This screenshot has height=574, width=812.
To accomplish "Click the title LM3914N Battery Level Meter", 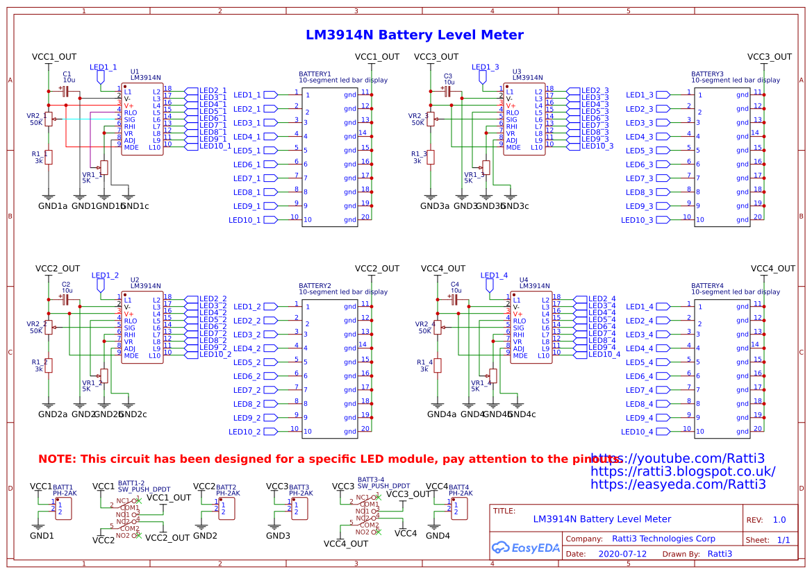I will (x=415, y=35).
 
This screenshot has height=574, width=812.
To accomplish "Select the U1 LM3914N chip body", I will (x=142, y=119).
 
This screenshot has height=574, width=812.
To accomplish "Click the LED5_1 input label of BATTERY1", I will (x=248, y=151).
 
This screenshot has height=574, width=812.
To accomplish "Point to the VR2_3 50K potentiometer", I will (x=430, y=119).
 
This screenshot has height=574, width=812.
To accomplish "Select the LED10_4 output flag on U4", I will (x=604, y=354).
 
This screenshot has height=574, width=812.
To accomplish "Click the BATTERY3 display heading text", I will (x=707, y=74).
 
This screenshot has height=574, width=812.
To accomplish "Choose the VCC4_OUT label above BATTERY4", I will (x=772, y=269).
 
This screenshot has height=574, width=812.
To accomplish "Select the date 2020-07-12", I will (x=622, y=554).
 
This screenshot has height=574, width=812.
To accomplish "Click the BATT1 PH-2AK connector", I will (x=63, y=509).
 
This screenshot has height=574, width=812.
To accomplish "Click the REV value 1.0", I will (x=779, y=520).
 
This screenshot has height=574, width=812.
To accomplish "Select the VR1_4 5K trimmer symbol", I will (x=493, y=375).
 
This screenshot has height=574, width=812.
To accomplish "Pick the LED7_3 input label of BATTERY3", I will (x=639, y=178).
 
